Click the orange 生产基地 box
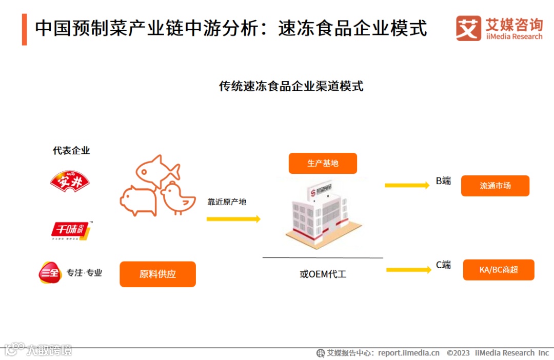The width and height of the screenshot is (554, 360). [323, 164]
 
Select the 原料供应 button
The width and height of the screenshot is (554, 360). [157, 274]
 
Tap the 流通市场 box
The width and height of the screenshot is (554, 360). [495, 186]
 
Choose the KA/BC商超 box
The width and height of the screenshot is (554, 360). [499, 270]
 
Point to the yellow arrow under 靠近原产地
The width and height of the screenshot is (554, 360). [233, 219]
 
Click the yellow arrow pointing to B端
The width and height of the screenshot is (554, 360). [407, 185]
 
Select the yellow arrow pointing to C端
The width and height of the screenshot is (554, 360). [408, 270]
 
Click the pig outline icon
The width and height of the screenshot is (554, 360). [137, 201]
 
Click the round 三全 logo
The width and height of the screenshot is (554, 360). [50, 272]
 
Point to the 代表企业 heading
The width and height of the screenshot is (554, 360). [71, 151]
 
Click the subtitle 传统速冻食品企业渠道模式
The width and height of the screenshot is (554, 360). [291, 86]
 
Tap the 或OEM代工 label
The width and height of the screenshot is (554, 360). [323, 274]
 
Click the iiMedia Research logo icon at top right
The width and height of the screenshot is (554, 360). [468, 28]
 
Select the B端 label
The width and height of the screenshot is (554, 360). [443, 181]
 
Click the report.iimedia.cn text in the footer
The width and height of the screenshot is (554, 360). [408, 353]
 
